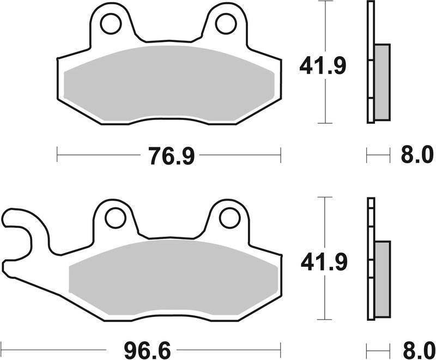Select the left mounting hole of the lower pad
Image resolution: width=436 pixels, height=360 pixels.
[x=114, y=217]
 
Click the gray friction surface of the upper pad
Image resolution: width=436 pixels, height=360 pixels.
[x=169, y=79]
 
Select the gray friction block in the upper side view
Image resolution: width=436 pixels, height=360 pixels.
[x=383, y=82]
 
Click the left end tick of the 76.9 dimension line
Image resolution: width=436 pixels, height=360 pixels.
[x=57, y=155]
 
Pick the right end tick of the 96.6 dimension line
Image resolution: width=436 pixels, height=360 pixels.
[x=281, y=347]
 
